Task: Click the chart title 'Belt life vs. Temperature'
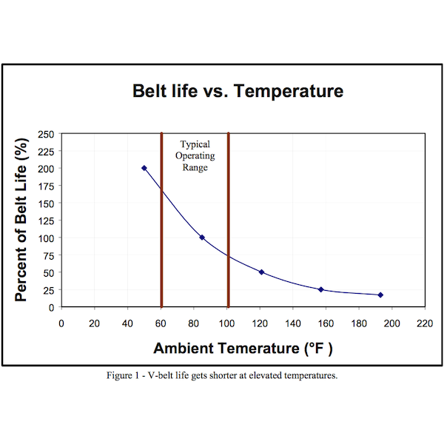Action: (237, 92)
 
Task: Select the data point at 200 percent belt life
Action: (144, 168)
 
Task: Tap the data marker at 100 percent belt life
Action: (202, 238)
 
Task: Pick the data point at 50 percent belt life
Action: (261, 272)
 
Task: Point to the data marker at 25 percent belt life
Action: (321, 289)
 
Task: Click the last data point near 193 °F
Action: (380, 295)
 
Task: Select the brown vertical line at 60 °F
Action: (161, 222)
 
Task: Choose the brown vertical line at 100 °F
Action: (228, 222)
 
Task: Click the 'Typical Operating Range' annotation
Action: (195, 156)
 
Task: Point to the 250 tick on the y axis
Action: (46, 134)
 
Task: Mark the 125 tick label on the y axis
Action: (46, 221)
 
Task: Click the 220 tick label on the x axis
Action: (425, 323)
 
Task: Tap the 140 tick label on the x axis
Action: (293, 323)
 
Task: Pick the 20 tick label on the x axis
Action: (94, 323)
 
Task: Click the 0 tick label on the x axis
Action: (61, 323)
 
